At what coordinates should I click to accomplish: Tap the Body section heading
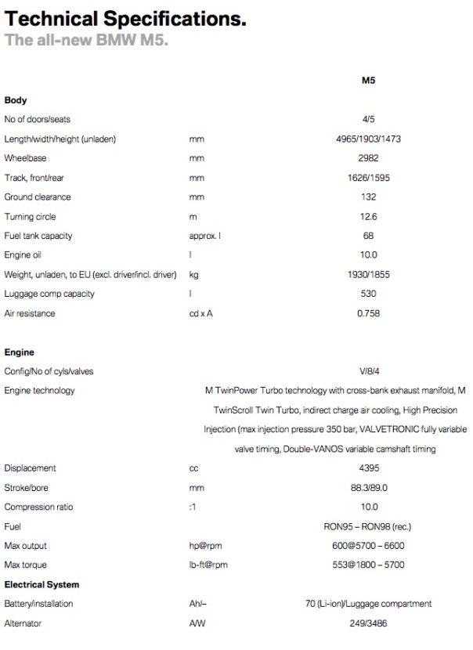tap(16, 100)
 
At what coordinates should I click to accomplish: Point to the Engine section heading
tap(20, 352)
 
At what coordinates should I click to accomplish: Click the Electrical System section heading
tap(42, 584)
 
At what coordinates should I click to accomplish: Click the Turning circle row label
tap(30, 216)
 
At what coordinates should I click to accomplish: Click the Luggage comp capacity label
tap(49, 294)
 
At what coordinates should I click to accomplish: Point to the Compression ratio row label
tap(38, 507)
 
